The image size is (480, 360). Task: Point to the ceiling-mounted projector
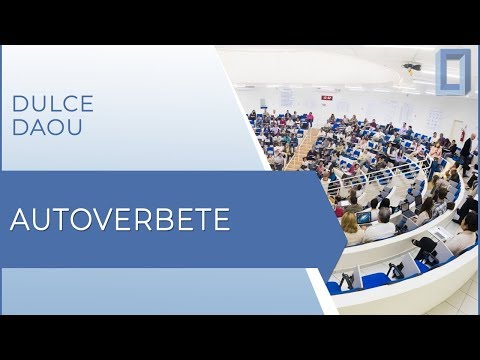[411, 68]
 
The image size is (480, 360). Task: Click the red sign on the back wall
[327, 97]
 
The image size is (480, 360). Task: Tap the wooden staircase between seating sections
[300, 151]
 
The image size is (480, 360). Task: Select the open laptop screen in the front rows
[365, 216]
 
